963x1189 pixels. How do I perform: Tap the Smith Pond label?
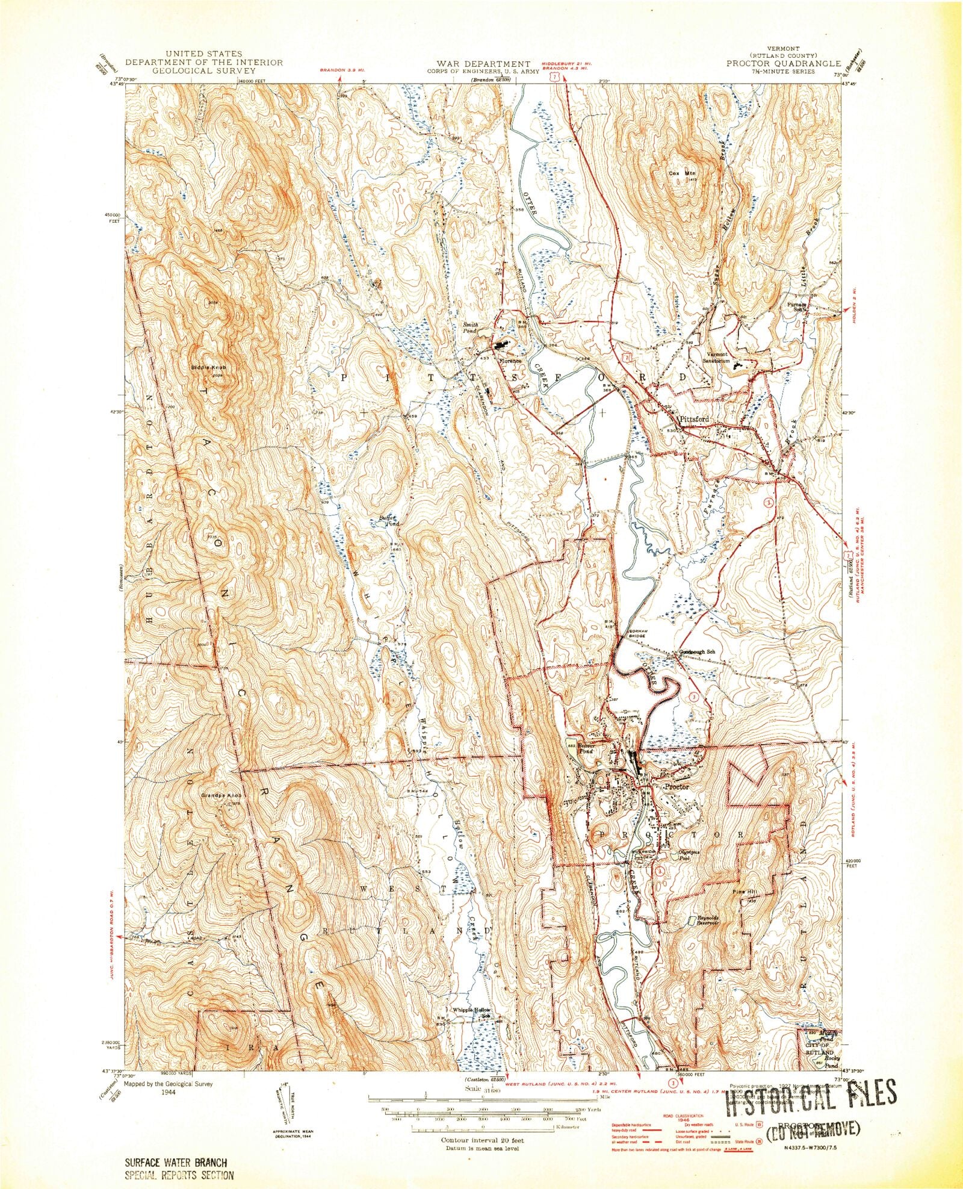469,328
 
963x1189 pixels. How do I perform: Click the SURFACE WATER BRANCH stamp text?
172,1163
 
